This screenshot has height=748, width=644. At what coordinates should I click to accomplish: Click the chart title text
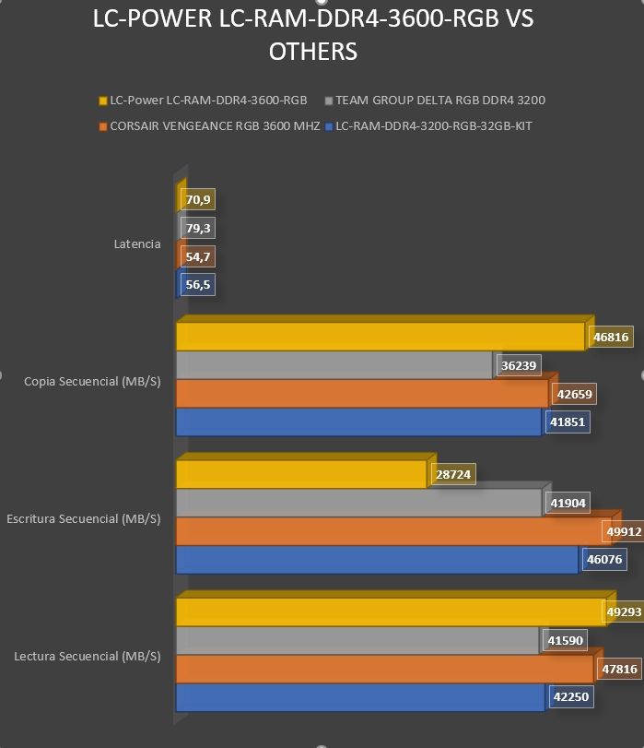312,35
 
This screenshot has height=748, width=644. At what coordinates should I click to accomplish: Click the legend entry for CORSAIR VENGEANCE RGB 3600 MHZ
210,126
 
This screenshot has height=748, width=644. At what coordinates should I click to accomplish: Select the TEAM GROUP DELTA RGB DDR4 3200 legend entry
435,101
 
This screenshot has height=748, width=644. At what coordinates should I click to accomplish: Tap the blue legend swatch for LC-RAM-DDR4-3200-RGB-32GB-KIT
328,127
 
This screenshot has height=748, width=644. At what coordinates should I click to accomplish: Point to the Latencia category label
137,244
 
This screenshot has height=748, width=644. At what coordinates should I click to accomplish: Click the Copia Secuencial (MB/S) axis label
92,382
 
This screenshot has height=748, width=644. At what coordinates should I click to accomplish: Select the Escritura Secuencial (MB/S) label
84,519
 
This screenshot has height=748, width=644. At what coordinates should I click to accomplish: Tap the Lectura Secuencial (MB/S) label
88,657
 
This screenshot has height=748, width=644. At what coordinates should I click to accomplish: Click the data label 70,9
198,199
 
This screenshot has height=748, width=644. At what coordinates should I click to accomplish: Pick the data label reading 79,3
198,228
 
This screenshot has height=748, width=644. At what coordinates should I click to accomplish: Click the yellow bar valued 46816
381,337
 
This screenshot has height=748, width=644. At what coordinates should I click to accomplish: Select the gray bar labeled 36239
334,365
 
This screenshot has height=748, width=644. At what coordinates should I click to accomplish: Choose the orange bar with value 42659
362,394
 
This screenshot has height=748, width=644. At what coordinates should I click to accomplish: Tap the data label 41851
568,422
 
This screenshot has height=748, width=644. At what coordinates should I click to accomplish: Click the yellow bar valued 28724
302,474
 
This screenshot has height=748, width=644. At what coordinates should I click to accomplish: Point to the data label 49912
624,531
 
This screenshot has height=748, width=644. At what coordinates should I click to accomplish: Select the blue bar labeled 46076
378,560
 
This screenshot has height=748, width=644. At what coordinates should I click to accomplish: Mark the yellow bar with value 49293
392,611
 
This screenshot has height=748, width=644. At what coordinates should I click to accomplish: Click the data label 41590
565,640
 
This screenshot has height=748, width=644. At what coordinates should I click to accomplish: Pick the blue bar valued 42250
361,697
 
